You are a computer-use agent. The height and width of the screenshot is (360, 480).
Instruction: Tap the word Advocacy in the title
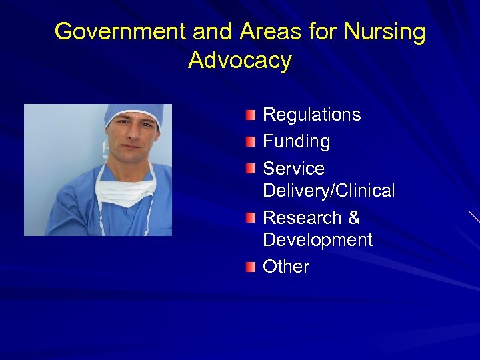coord(240,60)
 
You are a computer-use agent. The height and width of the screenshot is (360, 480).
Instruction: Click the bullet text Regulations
coord(311,115)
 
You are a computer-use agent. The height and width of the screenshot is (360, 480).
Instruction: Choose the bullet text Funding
coord(296,141)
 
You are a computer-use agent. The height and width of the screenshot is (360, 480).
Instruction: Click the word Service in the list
coord(293,168)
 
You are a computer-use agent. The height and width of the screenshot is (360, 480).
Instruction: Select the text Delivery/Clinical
coord(329,191)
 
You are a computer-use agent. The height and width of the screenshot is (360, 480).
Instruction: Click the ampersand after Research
coord(353,217)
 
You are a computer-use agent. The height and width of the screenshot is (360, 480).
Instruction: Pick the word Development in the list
coord(317,240)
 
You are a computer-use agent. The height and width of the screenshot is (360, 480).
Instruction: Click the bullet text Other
coord(286,267)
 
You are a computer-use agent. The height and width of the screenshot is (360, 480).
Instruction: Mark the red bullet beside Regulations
coord(250,115)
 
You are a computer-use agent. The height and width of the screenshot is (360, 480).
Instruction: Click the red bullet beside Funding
coord(250,142)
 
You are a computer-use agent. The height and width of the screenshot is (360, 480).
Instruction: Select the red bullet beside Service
coord(250,169)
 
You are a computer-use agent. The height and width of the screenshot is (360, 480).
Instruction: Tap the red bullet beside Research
coord(250,218)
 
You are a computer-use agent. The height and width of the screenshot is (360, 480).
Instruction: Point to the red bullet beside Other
coord(250,267)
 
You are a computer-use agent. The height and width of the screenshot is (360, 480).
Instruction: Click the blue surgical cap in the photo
coord(133,113)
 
